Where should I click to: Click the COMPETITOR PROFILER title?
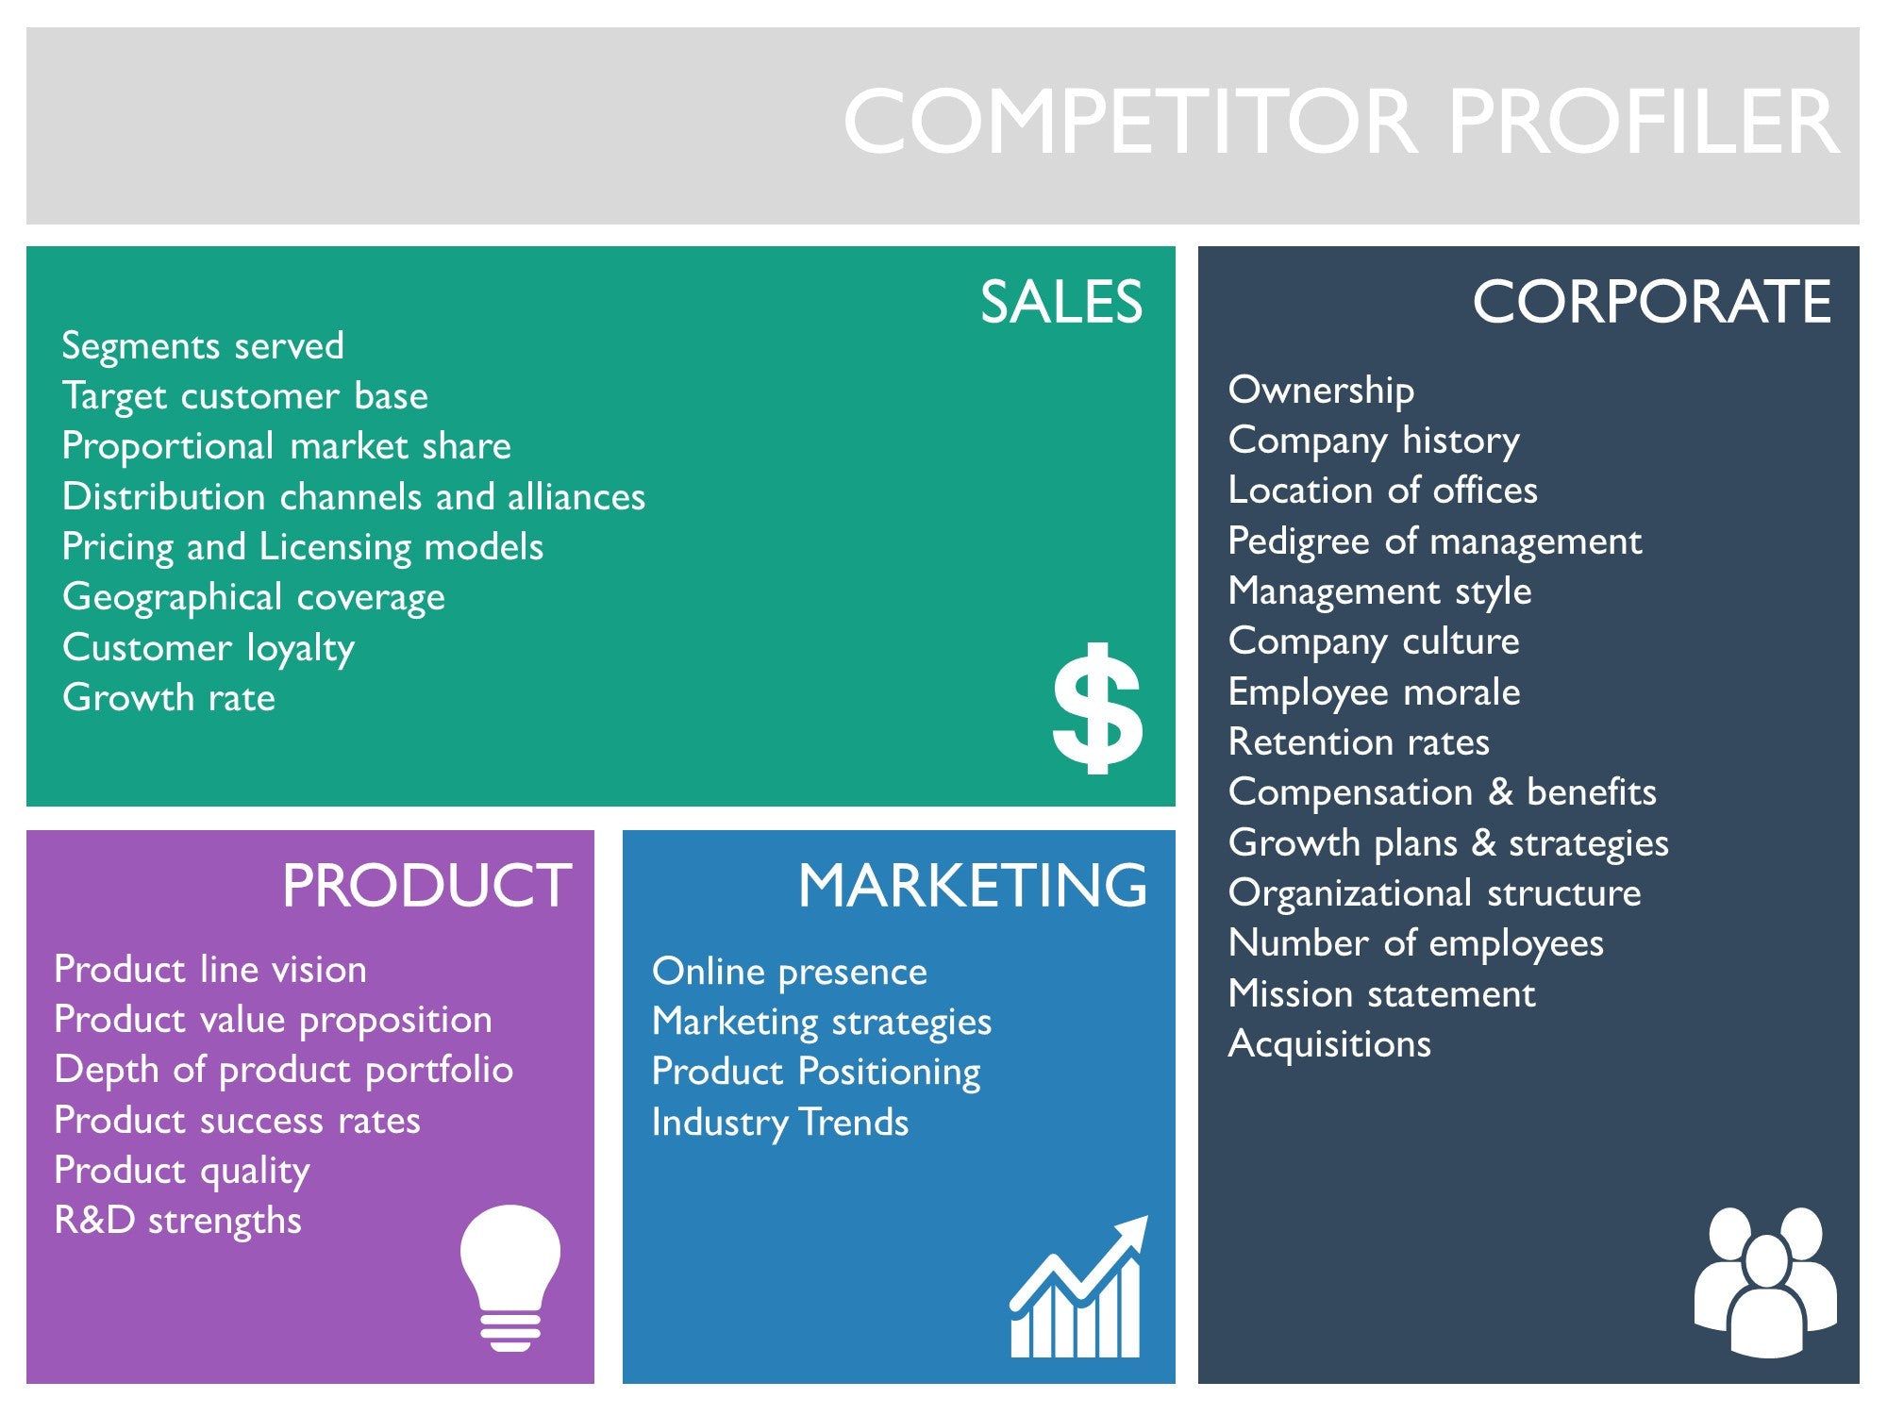[x=1341, y=122]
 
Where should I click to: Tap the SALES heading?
[x=1061, y=302]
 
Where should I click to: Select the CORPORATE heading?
[x=1652, y=302]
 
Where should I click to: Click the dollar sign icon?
[x=1097, y=708]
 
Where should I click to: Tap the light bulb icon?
[x=510, y=1278]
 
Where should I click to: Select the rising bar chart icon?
[x=1078, y=1286]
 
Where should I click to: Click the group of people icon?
[x=1765, y=1282]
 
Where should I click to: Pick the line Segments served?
[x=203, y=345]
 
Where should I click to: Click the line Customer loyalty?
[x=209, y=649]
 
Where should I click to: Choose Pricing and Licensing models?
[x=303, y=548]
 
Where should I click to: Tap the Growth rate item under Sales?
[x=169, y=698]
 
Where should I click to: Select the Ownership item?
[x=1321, y=391]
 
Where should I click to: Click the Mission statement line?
[x=1382, y=993]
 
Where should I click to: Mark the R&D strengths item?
[x=178, y=1221]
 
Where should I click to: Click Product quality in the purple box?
[x=182, y=1172]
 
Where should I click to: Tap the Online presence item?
[x=790, y=973]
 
